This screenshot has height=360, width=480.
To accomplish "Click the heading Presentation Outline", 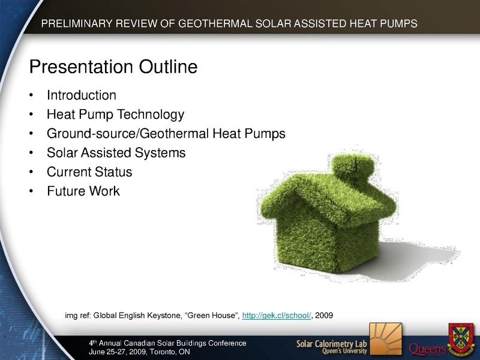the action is [113, 67].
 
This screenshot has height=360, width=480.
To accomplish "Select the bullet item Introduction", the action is [82, 95].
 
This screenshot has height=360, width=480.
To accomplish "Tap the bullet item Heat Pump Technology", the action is [115, 115].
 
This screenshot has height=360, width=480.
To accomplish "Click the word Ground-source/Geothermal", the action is [128, 134].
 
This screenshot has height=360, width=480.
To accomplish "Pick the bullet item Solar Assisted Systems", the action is [116, 153].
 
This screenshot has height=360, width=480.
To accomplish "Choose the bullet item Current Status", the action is [89, 172].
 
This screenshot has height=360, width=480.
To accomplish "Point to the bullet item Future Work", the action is [83, 191].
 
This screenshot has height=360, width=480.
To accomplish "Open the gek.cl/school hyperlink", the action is [277, 316].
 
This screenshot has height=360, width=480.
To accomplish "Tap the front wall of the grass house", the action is [306, 242].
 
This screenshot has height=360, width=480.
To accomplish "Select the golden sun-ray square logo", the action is [386, 339].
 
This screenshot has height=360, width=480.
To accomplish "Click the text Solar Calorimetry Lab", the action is [332, 344].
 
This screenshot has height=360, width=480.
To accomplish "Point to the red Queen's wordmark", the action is [427, 349].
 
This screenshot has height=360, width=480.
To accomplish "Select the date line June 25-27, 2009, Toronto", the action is [139, 352].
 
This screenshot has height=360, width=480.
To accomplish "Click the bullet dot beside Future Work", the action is [31, 191].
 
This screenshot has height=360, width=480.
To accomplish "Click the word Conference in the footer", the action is [227, 343].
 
